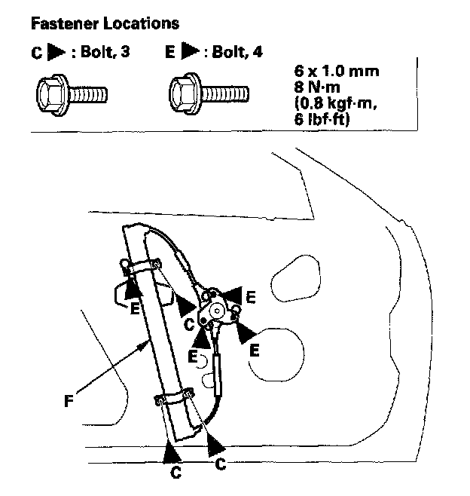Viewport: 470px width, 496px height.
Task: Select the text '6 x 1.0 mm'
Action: pyautogui.click(x=336, y=72)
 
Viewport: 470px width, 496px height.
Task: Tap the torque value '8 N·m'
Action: pyautogui.click(x=319, y=87)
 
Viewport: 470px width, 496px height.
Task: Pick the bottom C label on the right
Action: pyautogui.click(x=221, y=465)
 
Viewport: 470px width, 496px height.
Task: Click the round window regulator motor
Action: pyautogui.click(x=219, y=308)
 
